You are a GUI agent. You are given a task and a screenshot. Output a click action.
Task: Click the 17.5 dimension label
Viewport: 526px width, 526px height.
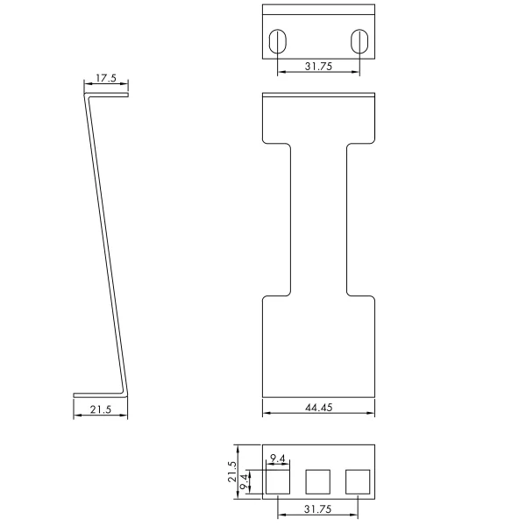point(106,78)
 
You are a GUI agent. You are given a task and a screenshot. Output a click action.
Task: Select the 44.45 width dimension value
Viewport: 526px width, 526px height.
point(319,408)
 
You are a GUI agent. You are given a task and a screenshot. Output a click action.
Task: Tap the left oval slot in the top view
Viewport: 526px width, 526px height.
point(278,41)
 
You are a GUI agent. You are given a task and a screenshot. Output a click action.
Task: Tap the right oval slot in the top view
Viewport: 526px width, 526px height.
point(359,41)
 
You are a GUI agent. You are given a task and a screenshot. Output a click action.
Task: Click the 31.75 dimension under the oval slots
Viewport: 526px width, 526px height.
point(318,67)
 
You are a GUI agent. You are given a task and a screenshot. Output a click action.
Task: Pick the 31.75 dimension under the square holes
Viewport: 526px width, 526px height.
point(317,509)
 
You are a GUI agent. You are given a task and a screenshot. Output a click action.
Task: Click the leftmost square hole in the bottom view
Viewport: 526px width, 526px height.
point(278,481)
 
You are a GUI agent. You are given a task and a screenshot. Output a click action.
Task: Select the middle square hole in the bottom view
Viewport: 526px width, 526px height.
point(317,481)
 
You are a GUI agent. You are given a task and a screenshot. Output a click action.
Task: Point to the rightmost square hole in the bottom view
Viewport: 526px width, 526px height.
point(358,481)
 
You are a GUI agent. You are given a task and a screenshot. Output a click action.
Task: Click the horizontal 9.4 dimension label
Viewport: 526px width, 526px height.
point(277,458)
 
